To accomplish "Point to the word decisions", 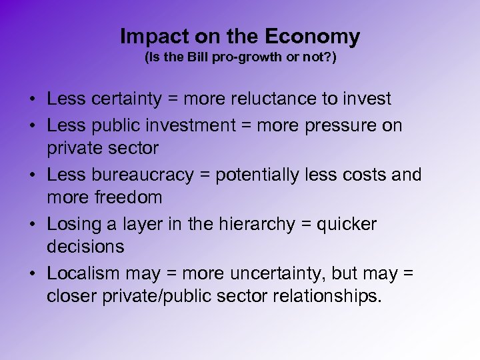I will (85, 247).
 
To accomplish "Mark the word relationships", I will (323, 296).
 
